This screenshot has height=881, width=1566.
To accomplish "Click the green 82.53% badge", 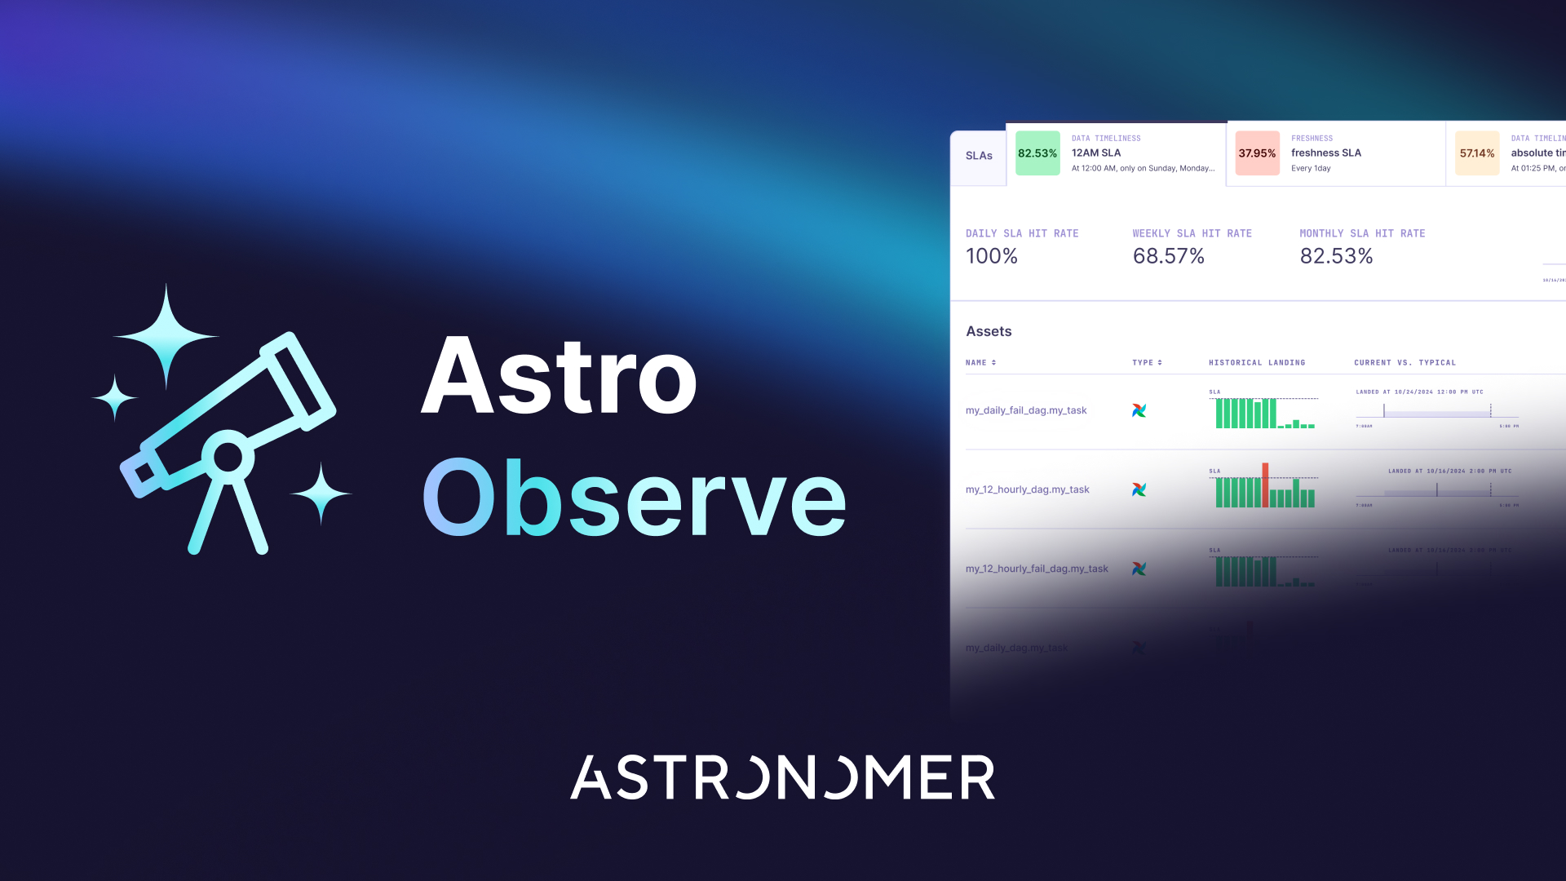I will (1037, 153).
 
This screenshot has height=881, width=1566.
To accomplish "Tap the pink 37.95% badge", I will (1257, 153).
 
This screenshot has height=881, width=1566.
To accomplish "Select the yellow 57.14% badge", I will (1477, 153).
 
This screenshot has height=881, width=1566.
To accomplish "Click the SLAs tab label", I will (979, 156).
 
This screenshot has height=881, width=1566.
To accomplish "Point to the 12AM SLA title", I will (1096, 153).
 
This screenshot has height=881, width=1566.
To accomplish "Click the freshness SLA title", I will (1326, 153).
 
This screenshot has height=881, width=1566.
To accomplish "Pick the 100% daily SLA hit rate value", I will (992, 256).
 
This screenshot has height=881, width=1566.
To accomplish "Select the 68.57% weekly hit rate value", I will (1168, 256).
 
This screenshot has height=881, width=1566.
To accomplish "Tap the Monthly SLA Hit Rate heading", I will (1362, 233).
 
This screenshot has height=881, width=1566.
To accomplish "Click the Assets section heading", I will (989, 331).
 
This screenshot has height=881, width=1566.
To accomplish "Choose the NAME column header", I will (976, 362).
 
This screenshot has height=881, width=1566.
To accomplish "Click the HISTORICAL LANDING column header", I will (1257, 362).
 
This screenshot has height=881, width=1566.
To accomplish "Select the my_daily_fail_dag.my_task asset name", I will (1026, 410).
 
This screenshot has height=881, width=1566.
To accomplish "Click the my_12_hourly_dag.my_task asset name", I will (1028, 489).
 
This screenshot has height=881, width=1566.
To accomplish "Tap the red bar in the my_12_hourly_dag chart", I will (1265, 485).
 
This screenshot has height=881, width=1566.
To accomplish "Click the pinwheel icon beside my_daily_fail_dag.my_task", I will (1139, 410).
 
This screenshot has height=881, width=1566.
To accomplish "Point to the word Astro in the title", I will (560, 377).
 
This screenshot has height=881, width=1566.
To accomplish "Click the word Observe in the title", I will (635, 498).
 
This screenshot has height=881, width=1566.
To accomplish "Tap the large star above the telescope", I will (166, 336).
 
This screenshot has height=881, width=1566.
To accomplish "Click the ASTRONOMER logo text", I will (782, 777).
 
